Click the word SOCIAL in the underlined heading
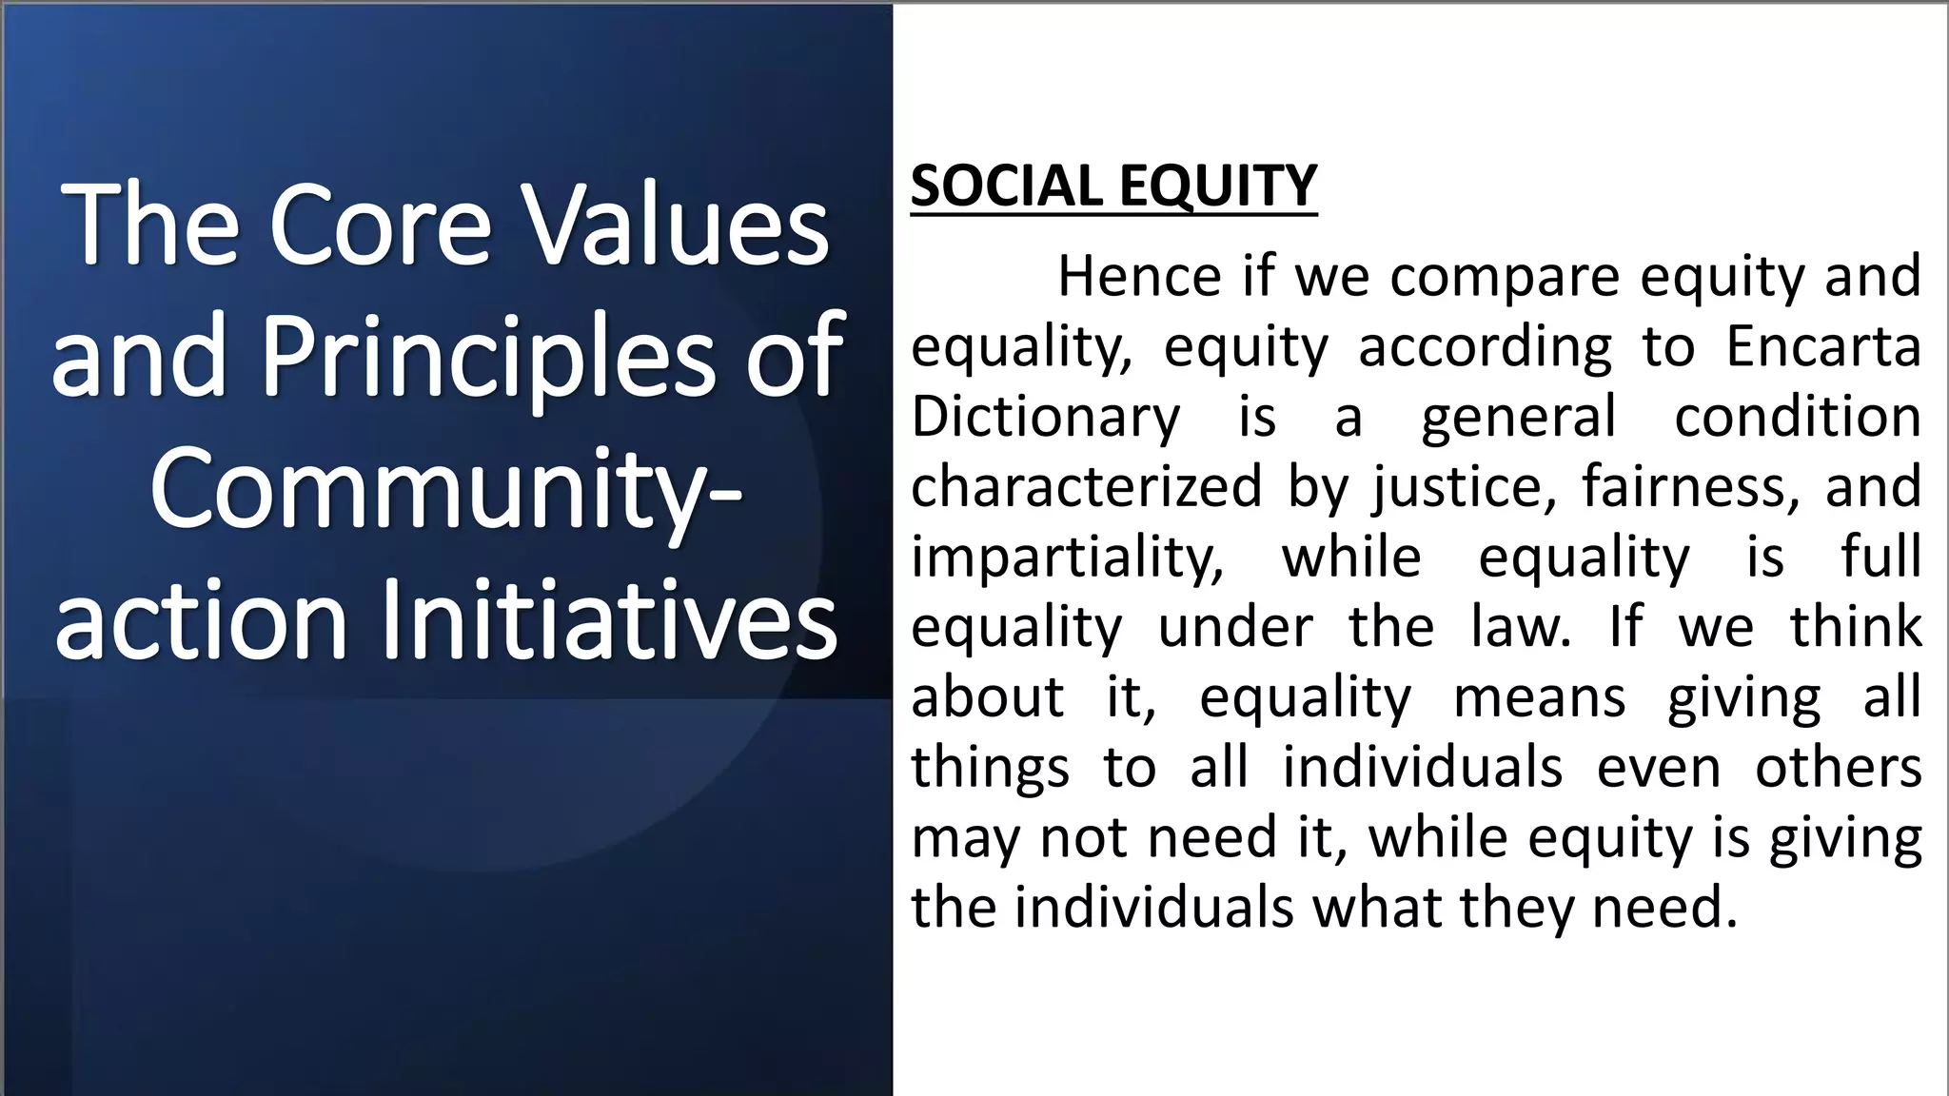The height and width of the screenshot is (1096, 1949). (1009, 186)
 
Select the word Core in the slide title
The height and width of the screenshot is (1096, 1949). (380, 227)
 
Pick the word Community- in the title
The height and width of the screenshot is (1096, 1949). (447, 491)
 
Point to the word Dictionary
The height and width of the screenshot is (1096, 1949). (1045, 417)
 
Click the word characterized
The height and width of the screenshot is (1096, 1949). (1086, 486)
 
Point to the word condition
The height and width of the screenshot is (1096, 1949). (1797, 417)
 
